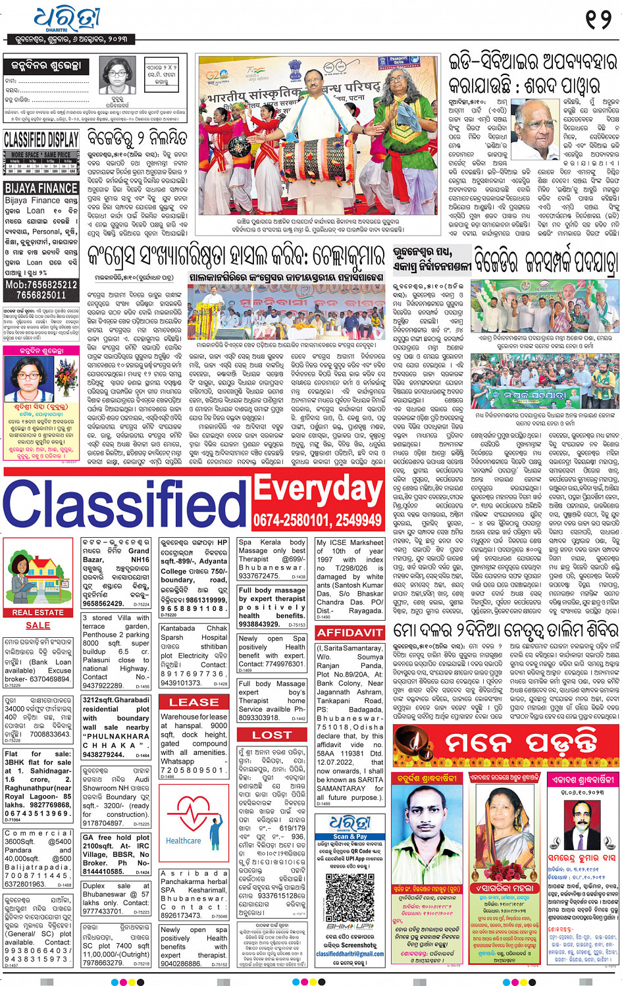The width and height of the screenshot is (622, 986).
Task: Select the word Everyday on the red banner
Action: (x=318, y=489)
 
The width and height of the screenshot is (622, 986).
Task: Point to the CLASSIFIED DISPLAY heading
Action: (x=41, y=140)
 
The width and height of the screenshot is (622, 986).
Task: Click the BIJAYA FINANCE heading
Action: (x=41, y=188)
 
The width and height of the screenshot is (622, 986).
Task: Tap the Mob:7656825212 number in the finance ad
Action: (x=41, y=285)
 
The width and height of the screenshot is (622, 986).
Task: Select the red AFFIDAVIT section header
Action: (x=350, y=633)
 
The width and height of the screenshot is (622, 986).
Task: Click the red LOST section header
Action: (x=272, y=735)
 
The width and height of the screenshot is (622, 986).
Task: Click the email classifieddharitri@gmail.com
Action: (x=350, y=954)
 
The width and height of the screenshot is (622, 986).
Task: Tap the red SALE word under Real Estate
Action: (x=38, y=625)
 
